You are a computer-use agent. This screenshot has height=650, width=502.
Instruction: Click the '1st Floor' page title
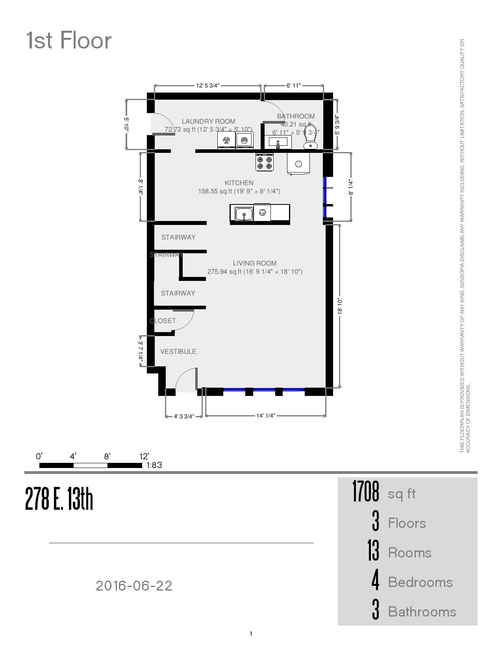coord(69,41)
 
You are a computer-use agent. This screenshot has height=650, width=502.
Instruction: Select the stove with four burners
coord(264,162)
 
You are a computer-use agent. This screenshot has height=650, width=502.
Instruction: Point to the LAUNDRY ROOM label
coord(208,121)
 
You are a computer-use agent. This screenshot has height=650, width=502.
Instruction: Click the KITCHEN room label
coord(239,183)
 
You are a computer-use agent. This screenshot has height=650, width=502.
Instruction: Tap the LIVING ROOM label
coord(254,263)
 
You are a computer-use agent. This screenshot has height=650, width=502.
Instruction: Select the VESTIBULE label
coord(178,351)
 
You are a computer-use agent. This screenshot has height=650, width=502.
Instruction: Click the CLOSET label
coord(163,321)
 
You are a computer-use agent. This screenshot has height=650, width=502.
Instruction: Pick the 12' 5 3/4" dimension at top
coord(207,85)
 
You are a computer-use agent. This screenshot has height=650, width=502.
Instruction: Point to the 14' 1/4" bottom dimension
coord(265,416)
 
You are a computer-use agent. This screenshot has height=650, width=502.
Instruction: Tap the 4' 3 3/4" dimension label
coord(184,416)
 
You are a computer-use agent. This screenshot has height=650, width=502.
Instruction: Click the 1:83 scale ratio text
coord(154,465)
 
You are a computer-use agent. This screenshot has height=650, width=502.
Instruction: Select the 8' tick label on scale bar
coord(107,457)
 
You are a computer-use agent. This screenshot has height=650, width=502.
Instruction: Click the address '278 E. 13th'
coord(59,499)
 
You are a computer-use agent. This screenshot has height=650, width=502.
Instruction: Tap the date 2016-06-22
coord(134,586)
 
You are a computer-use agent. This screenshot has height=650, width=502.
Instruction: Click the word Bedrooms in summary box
coord(420,582)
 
